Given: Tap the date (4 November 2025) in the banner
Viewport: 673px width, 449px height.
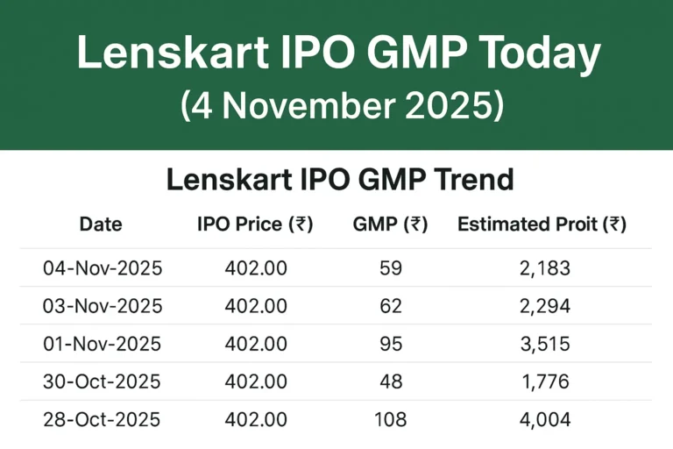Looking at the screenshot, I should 343,105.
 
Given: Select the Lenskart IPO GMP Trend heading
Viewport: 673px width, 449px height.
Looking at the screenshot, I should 339,180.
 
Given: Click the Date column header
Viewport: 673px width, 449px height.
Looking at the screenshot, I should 101,224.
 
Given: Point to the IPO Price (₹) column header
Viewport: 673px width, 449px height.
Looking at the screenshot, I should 255,224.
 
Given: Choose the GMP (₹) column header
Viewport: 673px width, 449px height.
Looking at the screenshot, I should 390,224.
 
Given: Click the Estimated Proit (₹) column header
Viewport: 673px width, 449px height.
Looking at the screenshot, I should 542,224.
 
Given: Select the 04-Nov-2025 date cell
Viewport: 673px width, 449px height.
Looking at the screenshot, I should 103,268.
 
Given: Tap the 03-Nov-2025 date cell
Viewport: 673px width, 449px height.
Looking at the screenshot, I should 103,306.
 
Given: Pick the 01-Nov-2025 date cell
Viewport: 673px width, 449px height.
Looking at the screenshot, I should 103,344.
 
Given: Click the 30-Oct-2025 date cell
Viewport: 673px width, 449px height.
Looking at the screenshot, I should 103,381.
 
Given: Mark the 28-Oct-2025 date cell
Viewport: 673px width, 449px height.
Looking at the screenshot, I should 103,419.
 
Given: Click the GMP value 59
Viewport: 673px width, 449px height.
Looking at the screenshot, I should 391,268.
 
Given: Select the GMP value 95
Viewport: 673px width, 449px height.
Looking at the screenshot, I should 391,344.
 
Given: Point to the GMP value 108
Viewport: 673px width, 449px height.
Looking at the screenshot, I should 391,419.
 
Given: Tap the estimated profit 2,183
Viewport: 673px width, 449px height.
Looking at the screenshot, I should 544,268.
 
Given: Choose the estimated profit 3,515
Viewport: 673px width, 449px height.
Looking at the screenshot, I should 544,344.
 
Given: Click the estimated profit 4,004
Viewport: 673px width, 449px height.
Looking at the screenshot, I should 544,419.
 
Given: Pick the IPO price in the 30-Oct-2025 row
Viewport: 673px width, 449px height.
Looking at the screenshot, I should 256,381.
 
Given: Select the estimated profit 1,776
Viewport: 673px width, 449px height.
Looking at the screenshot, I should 544,381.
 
